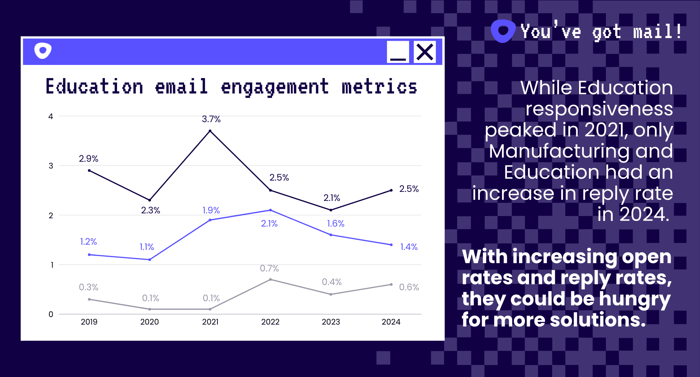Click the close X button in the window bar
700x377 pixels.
(x=425, y=52)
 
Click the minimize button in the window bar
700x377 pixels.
(x=398, y=52)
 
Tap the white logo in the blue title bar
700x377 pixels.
(x=43, y=51)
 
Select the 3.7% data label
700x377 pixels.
(x=211, y=119)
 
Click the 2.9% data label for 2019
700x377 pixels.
(x=88, y=159)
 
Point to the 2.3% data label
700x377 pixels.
(x=151, y=210)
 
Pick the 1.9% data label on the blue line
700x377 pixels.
(x=211, y=210)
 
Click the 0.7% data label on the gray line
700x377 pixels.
(x=269, y=268)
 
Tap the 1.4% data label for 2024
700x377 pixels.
(x=409, y=247)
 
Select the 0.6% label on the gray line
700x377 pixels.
(x=409, y=287)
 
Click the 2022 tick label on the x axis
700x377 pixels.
(x=270, y=322)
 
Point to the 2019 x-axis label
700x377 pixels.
(x=89, y=322)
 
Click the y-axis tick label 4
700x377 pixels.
(x=51, y=116)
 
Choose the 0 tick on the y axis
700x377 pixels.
(x=51, y=314)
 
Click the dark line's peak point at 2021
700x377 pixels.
(x=210, y=131)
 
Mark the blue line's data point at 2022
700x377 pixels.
(x=271, y=210)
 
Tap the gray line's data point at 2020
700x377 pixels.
(x=150, y=309)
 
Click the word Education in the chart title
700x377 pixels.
(x=94, y=87)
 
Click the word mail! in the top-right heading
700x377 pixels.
(x=657, y=32)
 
